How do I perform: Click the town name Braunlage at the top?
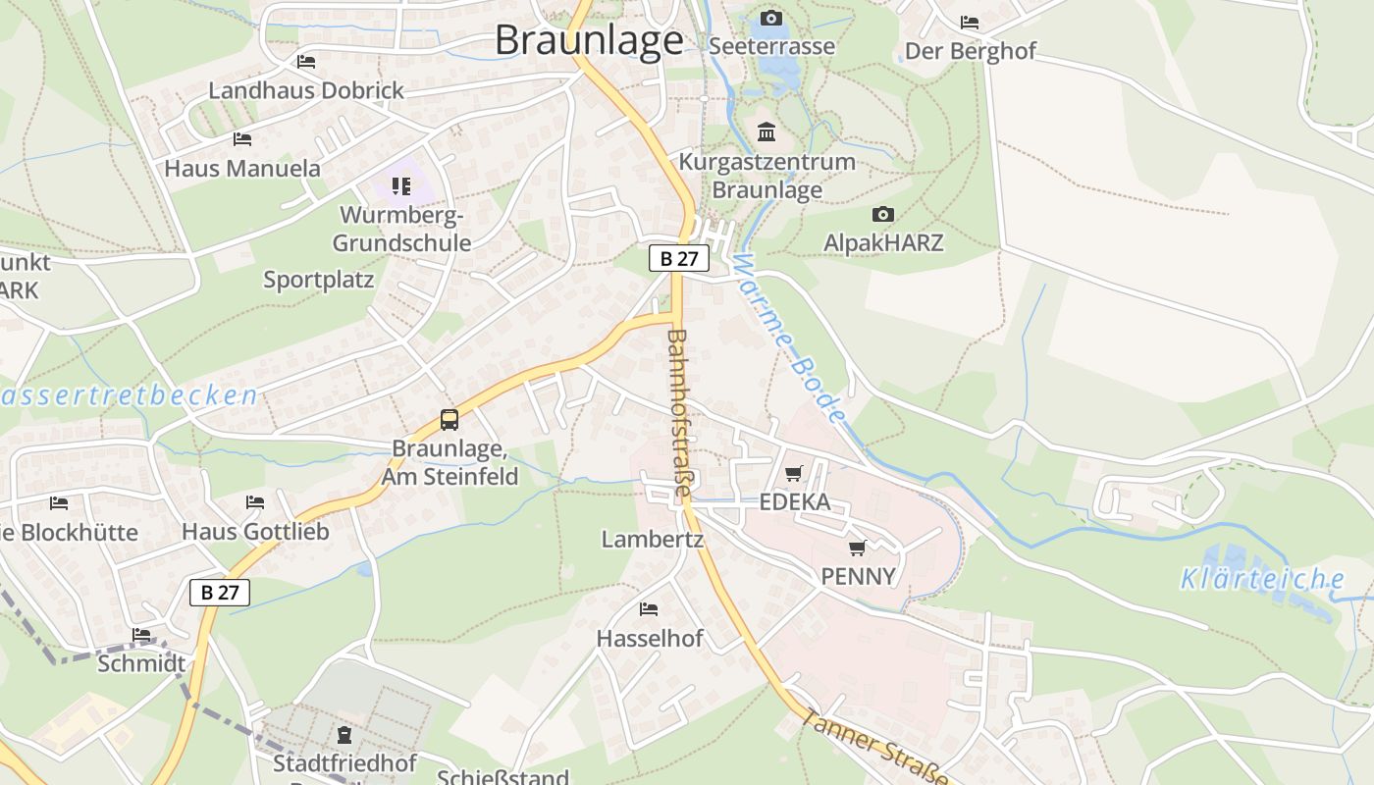[x=589, y=40]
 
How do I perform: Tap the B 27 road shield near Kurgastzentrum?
[x=678, y=259]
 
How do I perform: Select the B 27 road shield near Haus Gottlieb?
[x=220, y=592]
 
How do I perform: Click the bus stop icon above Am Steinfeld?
[x=449, y=420]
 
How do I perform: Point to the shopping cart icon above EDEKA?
[x=794, y=474]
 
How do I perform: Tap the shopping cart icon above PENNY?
[x=858, y=548]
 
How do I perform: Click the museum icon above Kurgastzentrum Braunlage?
[x=766, y=131]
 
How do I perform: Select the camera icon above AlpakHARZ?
[x=883, y=214]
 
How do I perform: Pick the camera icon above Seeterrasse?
[x=771, y=18]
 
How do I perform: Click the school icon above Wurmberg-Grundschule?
[x=400, y=185]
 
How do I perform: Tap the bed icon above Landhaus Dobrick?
[x=306, y=62]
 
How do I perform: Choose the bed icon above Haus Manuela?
[x=242, y=139]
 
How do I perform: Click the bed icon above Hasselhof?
[x=649, y=609]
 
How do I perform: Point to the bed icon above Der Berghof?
[x=970, y=23]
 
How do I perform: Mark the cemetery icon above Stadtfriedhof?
[x=344, y=734]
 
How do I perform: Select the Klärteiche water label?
[x=1262, y=579]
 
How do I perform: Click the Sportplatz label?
[x=319, y=280]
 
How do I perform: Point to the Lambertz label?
[x=653, y=539]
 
